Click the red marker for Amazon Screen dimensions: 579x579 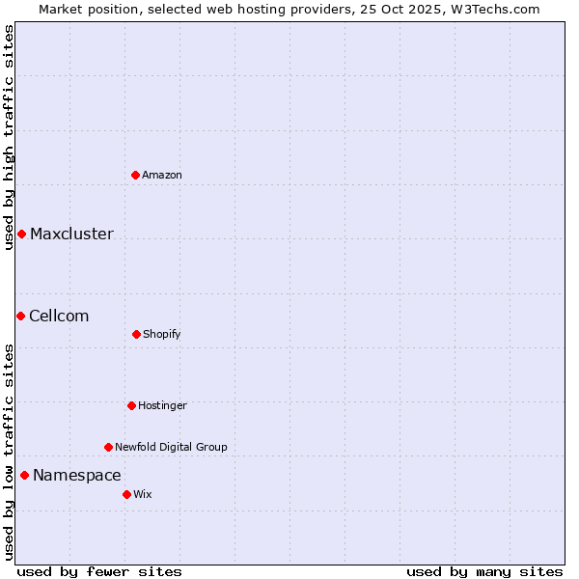point(136,175)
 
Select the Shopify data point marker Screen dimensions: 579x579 point(136,334)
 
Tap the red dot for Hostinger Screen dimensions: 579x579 point(131,405)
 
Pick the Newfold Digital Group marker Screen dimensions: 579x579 point(108,447)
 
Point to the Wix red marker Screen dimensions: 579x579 point(126,494)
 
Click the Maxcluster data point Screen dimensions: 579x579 point(21,234)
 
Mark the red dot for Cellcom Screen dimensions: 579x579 point(20,316)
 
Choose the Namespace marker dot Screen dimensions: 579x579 point(24,475)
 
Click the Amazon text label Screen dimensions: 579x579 point(162,175)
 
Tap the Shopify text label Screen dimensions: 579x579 point(162,334)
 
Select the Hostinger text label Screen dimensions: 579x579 point(162,405)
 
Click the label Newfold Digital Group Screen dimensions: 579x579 point(171,447)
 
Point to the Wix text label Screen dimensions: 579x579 point(143,494)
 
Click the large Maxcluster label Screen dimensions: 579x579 point(71,234)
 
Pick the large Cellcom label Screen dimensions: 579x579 point(59,316)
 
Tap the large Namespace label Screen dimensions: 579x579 point(77,475)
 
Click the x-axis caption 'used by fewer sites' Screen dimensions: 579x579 point(99,571)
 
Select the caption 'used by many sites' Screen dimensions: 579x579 point(484,571)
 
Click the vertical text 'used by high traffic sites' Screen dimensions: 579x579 point(9,137)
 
